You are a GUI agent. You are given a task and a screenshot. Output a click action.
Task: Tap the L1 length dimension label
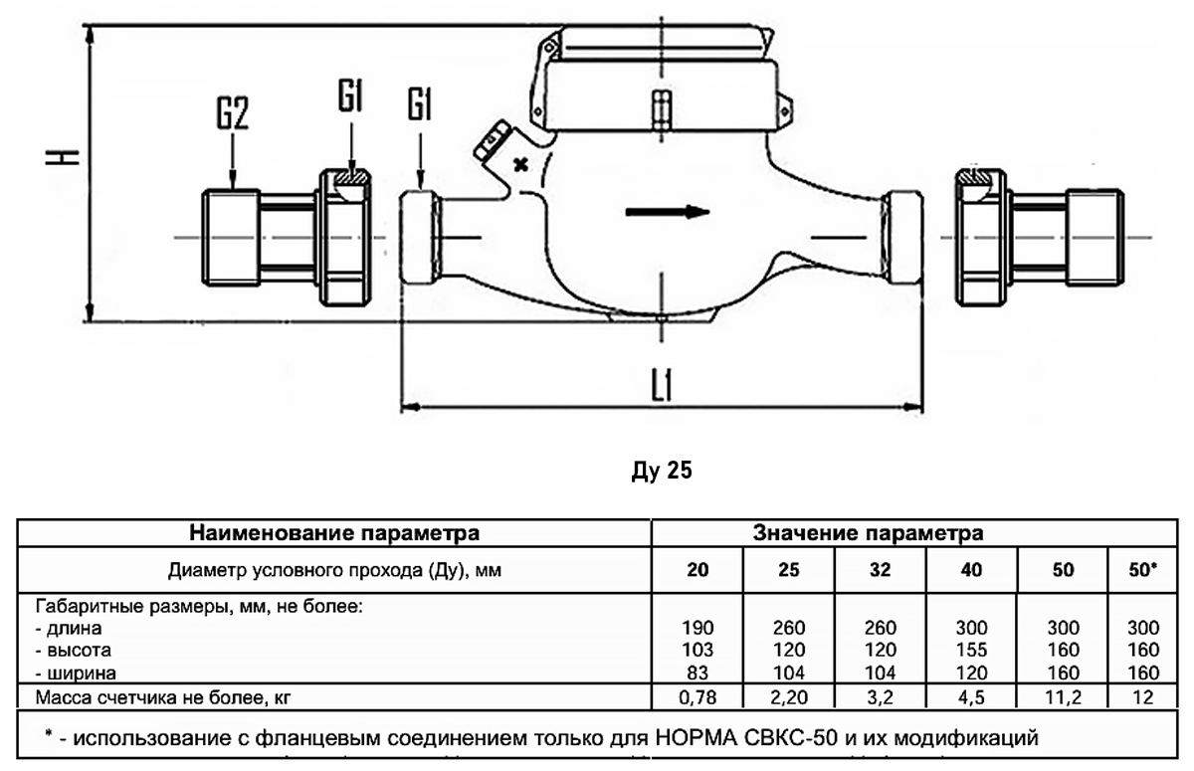(x=662, y=386)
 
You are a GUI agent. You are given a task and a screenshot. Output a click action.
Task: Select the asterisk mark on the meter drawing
(x=518, y=164)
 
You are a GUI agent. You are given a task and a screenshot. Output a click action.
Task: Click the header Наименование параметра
(x=334, y=533)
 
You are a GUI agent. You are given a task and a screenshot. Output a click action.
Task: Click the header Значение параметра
(x=869, y=533)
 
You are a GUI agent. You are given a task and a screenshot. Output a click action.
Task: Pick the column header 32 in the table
(x=880, y=571)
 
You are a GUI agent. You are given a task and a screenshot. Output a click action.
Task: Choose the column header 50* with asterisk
(x=1144, y=571)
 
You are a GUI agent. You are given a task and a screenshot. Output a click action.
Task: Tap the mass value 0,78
(x=698, y=697)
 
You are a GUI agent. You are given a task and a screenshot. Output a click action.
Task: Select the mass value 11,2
(x=1063, y=697)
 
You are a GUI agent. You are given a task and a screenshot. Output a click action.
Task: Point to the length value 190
(x=698, y=628)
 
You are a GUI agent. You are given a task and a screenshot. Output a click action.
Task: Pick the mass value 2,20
(x=789, y=697)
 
